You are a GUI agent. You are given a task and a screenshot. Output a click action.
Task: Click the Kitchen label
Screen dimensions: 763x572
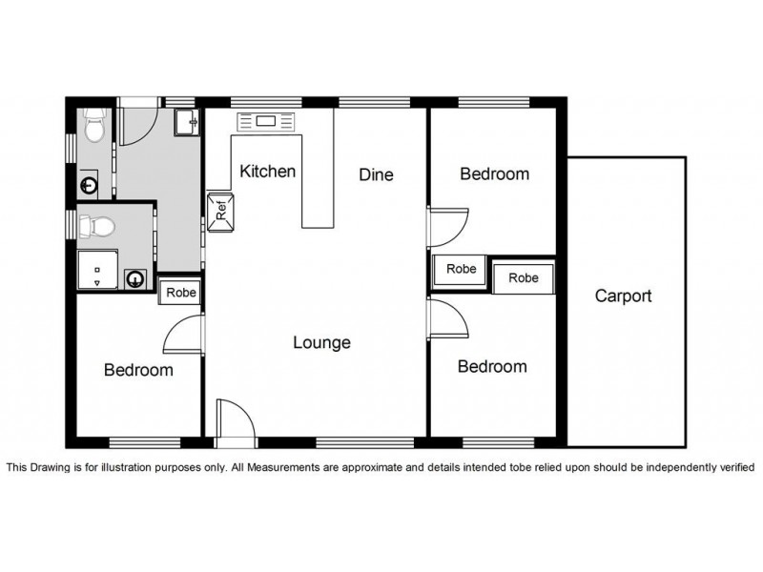(x=268, y=172)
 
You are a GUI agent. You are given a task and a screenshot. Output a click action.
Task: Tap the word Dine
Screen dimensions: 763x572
(x=376, y=174)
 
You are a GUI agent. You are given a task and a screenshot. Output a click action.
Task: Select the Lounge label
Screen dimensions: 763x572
(x=321, y=342)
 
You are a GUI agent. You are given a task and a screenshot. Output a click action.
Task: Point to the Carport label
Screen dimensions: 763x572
(x=624, y=296)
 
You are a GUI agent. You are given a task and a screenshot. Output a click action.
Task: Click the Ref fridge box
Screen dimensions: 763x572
(x=221, y=213)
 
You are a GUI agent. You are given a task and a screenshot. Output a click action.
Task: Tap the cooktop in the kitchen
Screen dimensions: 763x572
(x=266, y=121)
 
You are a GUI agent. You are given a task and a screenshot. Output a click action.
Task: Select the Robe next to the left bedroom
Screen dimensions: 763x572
(x=180, y=292)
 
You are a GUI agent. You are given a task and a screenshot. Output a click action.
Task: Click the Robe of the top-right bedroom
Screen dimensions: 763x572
(x=461, y=269)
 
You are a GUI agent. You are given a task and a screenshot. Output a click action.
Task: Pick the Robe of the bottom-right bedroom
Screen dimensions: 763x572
(x=524, y=277)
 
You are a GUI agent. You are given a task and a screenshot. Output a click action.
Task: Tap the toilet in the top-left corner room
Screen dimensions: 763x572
(x=94, y=125)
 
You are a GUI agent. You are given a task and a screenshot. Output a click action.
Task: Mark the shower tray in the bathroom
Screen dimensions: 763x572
(x=98, y=270)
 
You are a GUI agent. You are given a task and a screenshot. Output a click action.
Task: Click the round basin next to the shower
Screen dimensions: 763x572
(x=134, y=279)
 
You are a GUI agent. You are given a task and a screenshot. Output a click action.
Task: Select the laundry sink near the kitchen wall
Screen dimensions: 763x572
(x=186, y=122)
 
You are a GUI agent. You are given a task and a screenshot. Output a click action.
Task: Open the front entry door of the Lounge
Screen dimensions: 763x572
(x=236, y=420)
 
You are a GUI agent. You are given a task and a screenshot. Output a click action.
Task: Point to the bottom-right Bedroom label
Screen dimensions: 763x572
(x=492, y=366)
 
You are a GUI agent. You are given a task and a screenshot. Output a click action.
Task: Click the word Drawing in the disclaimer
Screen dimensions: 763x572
(x=52, y=467)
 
